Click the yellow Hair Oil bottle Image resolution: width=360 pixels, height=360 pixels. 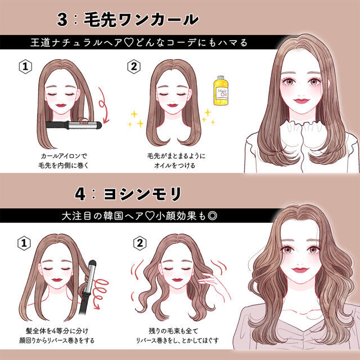(221, 91)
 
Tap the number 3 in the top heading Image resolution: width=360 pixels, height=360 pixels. (62, 19)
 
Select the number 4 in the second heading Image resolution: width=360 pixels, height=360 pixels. (80, 194)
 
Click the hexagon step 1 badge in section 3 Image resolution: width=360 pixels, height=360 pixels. (25, 66)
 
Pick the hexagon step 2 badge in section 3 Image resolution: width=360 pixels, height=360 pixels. (134, 66)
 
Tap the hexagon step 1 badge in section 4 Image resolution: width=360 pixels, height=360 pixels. (24, 243)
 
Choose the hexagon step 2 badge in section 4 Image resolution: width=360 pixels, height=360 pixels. (140, 243)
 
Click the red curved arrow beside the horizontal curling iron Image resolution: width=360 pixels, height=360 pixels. (103, 106)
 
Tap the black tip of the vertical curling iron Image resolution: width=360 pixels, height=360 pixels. (92, 264)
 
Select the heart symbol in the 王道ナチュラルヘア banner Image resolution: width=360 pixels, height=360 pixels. (129, 43)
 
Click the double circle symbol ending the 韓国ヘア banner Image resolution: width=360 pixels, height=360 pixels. (212, 216)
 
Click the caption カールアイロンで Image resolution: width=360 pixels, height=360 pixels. (64, 156)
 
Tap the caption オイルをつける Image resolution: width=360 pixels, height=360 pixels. (174, 165)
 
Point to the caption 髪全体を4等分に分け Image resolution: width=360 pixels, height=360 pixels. (57, 331)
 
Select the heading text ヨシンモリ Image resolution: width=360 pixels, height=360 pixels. (142, 194)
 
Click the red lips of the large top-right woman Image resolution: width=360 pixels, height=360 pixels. (301, 101)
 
